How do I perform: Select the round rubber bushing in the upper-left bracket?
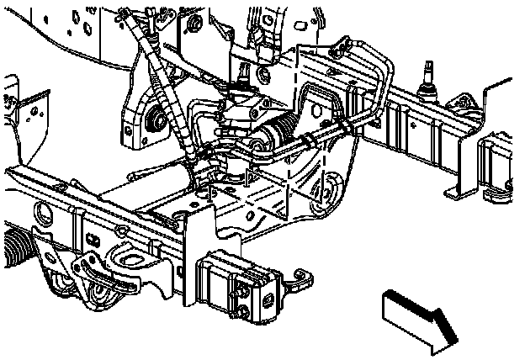(157, 124)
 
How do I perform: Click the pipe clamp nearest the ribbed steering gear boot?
(313, 135)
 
